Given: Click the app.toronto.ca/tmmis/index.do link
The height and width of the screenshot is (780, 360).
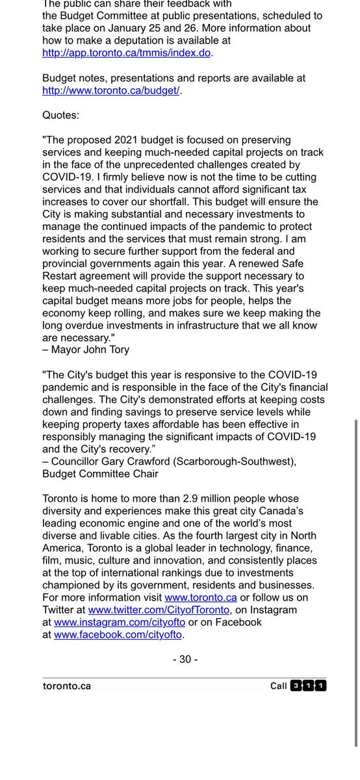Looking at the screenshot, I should click(127, 53).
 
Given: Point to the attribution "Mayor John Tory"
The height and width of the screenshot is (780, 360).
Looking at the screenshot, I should click(88, 350).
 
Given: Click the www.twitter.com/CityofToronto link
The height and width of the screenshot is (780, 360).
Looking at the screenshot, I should click(159, 610).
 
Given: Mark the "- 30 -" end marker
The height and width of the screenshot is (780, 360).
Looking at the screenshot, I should click(185, 659).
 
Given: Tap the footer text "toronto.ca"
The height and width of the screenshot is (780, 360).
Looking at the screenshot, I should click(66, 686).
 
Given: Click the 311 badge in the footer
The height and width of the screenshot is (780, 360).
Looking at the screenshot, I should click(309, 686).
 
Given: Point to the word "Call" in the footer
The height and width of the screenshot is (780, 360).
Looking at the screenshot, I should click(279, 686).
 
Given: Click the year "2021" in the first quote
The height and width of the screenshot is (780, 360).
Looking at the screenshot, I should click(136, 140).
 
